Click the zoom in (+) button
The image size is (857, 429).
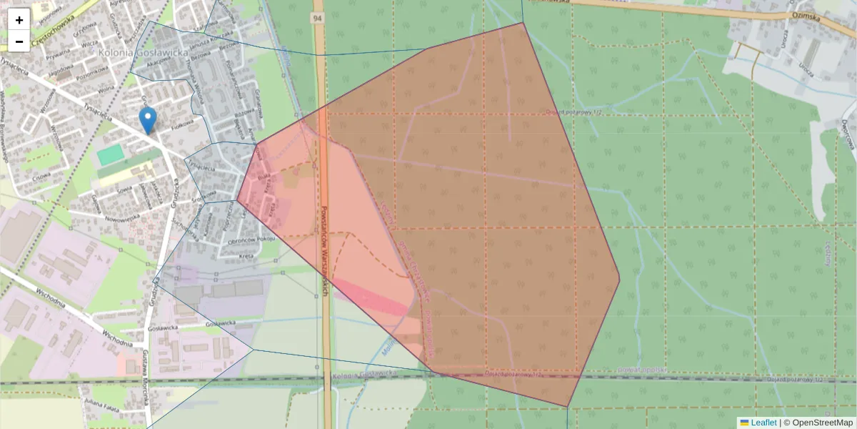coord(19,19)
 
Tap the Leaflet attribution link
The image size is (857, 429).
coord(763,423)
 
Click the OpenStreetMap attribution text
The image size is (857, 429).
coord(818,423)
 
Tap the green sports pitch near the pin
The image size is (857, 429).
coord(111,154)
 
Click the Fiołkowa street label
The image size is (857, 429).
coord(182,123)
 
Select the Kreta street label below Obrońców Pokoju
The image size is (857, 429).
coord(247,255)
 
